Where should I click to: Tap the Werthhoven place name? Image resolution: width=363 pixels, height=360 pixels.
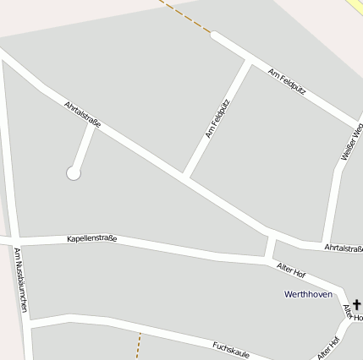point(308,294)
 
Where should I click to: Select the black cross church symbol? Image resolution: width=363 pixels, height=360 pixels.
point(356,303)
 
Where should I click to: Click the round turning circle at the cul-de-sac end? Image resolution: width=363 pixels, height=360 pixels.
point(74,173)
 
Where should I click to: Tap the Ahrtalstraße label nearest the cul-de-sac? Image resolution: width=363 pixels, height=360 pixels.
point(83,115)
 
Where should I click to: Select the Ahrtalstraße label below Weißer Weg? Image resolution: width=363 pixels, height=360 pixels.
point(343,247)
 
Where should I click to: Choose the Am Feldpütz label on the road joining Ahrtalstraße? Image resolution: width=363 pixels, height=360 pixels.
point(217,118)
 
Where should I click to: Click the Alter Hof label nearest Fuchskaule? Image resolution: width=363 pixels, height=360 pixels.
point(327,347)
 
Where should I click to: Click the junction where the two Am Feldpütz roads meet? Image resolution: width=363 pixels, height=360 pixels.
point(250,61)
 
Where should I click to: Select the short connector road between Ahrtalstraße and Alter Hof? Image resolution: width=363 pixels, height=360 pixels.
point(270,248)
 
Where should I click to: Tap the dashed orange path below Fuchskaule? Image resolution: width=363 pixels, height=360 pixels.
point(138,346)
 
